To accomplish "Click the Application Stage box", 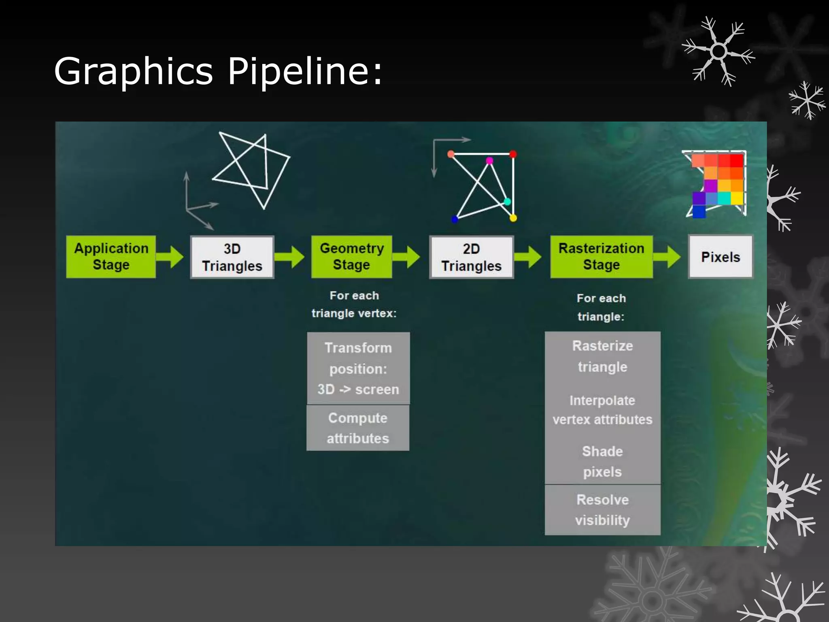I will coord(111,257).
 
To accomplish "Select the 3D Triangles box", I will coord(232,257).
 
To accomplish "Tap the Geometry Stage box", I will coord(351,257).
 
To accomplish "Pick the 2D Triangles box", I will coord(471,257).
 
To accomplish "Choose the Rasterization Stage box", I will coord(601,257).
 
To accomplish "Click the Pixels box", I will coord(721,257).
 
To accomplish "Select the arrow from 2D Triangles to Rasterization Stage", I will coord(529,257).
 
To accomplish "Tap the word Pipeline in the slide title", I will coord(305,72).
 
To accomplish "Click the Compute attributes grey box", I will coord(358,428).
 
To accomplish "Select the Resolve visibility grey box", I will coord(602,510).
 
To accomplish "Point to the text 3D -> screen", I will coord(358,390).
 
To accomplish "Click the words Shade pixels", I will coord(602,462).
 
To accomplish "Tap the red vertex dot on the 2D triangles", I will coord(513,154).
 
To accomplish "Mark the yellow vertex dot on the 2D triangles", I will coord(513,218).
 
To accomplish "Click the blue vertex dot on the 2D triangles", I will coord(455,219).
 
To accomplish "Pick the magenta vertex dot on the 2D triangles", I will coord(489,161).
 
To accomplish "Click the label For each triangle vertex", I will coord(354,305).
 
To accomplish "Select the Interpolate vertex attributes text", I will coord(602,410).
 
